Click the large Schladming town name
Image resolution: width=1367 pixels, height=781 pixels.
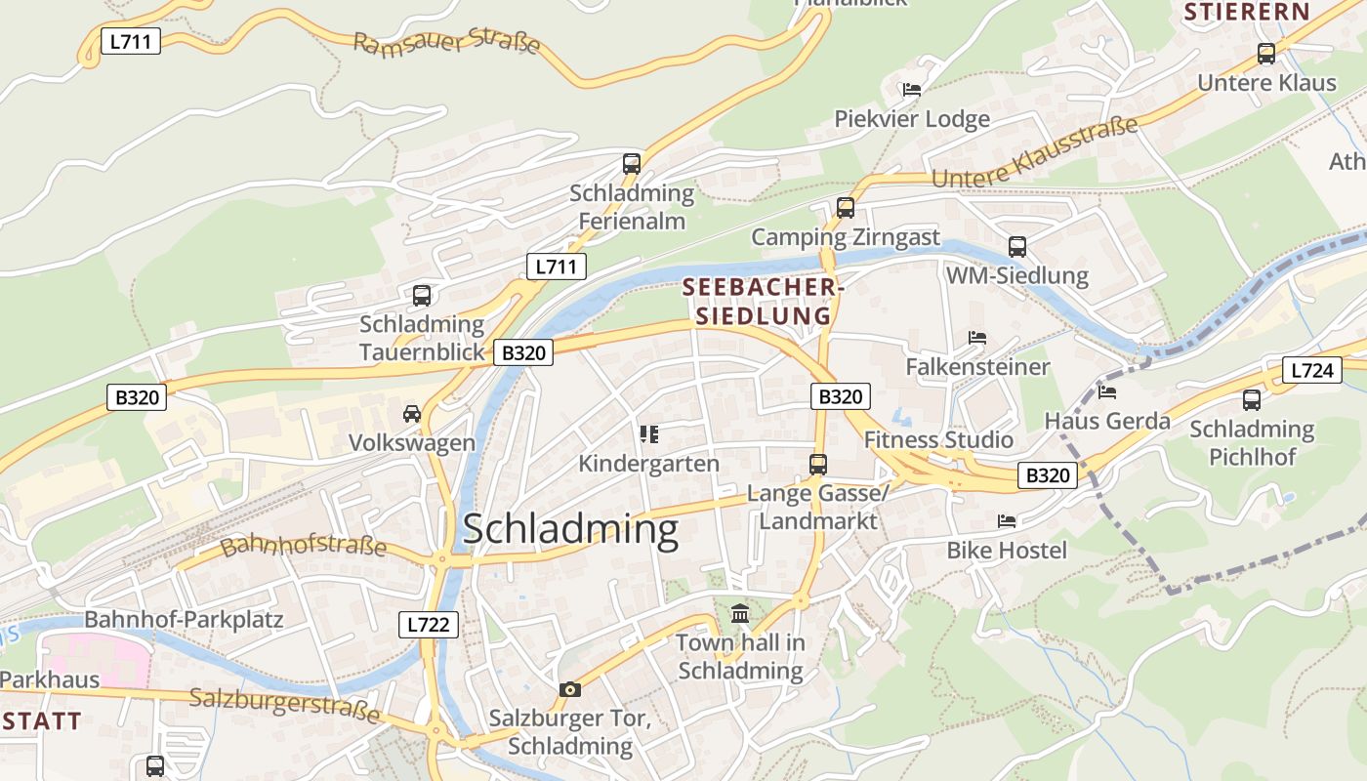click(570, 528)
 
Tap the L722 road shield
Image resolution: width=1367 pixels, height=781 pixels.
click(429, 625)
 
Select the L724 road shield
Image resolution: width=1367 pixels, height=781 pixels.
click(1311, 370)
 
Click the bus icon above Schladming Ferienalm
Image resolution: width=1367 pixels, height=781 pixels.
click(632, 163)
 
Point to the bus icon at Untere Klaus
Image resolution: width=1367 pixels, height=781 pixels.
click(1266, 54)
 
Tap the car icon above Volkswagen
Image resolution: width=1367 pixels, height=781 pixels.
click(412, 414)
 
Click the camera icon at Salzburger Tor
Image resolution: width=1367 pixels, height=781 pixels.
click(570, 689)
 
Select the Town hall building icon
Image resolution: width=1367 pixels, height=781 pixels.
click(740, 614)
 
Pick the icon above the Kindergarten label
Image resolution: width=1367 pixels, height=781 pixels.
click(648, 433)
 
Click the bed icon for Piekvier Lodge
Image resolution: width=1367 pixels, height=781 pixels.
click(912, 90)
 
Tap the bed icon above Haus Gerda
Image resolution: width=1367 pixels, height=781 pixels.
click(1107, 391)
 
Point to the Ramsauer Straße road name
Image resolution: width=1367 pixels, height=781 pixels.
click(446, 43)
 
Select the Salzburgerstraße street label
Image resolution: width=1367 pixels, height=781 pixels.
click(284, 704)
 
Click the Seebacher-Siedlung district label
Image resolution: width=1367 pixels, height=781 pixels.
click(763, 302)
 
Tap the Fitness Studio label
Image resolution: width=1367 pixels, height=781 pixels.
click(938, 439)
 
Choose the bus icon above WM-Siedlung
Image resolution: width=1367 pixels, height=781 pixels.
click(1017, 246)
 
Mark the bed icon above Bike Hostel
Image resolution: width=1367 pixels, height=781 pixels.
click(1007, 521)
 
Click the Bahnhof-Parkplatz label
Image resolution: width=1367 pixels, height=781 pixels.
click(184, 619)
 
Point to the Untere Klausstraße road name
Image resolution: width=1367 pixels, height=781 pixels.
click(1035, 153)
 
